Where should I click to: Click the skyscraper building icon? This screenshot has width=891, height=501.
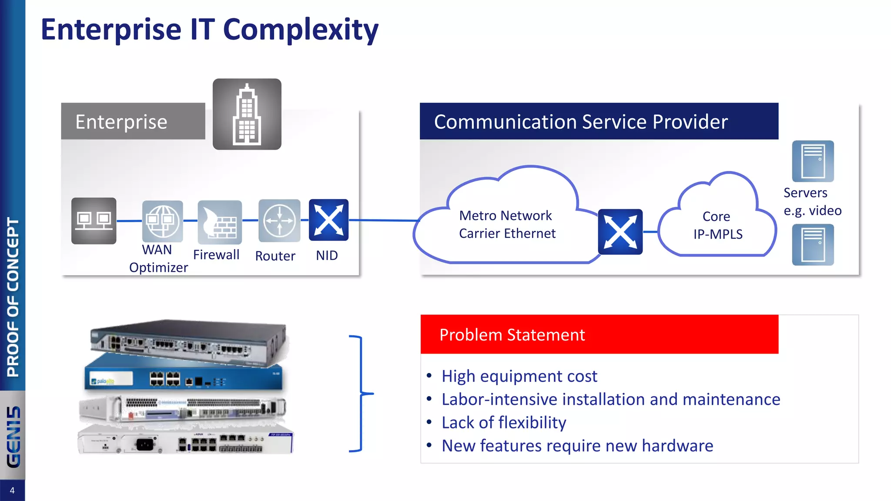[247, 114]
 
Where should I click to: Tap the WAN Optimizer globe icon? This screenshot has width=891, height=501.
[162, 221]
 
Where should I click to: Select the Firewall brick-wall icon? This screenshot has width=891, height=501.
[220, 222]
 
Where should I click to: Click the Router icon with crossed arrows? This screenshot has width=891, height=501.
[279, 220]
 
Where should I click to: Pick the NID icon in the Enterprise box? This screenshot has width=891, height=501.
[328, 220]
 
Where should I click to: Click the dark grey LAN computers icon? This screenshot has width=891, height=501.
[94, 220]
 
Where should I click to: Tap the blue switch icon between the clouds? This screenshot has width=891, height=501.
[620, 232]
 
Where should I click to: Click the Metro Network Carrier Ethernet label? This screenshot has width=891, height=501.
[507, 224]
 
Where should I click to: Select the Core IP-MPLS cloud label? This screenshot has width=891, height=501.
[717, 225]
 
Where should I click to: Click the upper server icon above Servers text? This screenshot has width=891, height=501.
[813, 161]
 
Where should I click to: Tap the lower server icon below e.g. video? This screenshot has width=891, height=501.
[813, 244]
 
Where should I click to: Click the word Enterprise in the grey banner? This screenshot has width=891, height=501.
[121, 122]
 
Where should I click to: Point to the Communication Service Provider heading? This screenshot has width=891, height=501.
[581, 122]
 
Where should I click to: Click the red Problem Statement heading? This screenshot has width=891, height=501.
[512, 335]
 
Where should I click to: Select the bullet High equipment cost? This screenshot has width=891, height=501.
[519, 376]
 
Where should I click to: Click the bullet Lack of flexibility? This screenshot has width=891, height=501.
[504, 422]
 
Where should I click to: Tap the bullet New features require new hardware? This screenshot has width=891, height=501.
[577, 446]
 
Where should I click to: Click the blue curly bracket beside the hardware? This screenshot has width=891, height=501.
[361, 394]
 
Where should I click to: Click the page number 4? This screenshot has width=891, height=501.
[12, 491]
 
